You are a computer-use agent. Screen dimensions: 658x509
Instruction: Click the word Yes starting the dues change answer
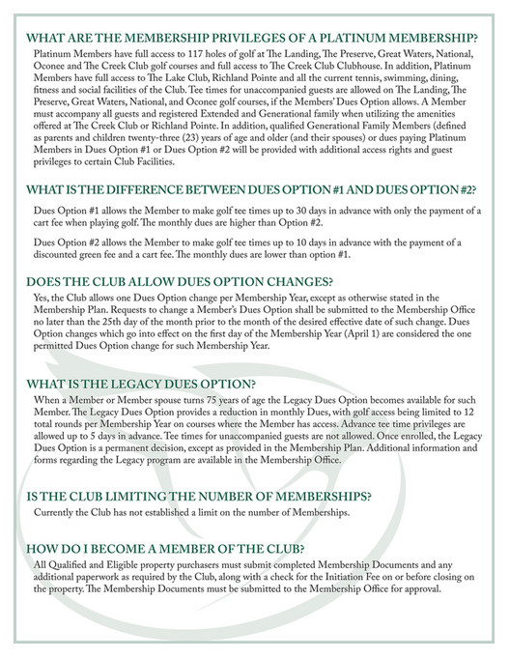[43, 300]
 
